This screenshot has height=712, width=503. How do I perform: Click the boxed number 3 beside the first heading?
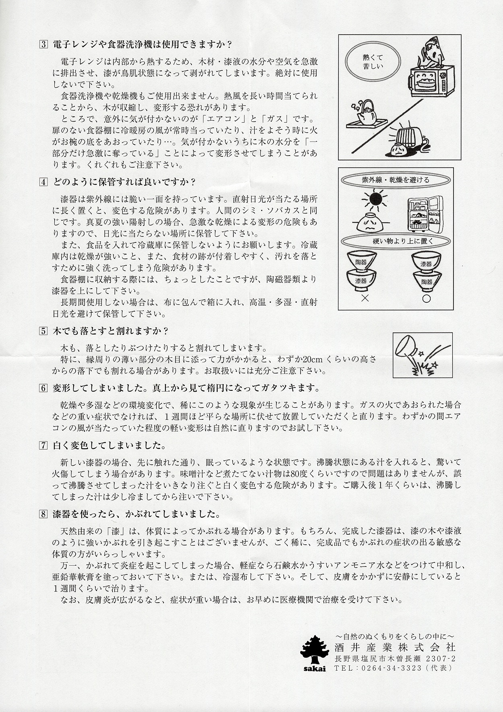[x=44, y=44]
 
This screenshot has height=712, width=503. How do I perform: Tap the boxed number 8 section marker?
[x=44, y=514]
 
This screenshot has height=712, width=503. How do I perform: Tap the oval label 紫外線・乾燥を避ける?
[x=396, y=180]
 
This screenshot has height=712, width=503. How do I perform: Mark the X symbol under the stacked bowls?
[x=365, y=299]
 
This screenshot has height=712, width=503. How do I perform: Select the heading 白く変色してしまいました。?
[x=109, y=445]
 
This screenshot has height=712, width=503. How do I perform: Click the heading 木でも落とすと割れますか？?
[x=111, y=330]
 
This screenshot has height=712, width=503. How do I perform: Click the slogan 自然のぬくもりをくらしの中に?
[x=395, y=637]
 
